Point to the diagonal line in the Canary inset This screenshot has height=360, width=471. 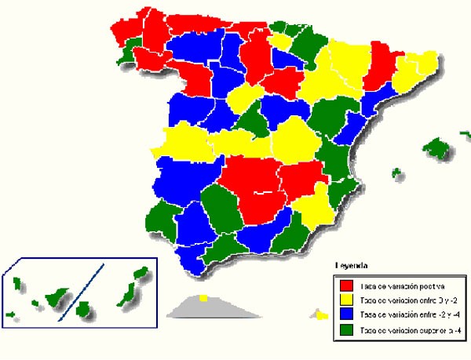(83, 290)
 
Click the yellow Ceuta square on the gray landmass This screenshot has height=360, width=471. (203, 298)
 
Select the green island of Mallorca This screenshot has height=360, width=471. (436, 147)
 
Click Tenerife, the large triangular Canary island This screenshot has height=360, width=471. (56, 297)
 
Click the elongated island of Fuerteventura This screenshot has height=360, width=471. (123, 293)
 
